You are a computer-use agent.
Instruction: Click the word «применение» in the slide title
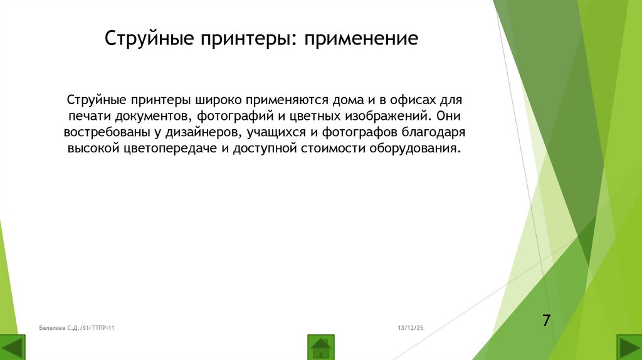[x=361, y=40]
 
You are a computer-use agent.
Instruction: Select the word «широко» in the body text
[x=213, y=100]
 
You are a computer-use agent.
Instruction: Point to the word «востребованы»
[x=106, y=133]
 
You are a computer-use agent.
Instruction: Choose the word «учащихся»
[x=277, y=133]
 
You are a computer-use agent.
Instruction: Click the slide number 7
[x=546, y=320]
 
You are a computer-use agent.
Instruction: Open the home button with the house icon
[x=321, y=347]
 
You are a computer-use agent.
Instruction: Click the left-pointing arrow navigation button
[x=13, y=347]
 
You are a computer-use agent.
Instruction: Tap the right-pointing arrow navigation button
[x=629, y=347]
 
